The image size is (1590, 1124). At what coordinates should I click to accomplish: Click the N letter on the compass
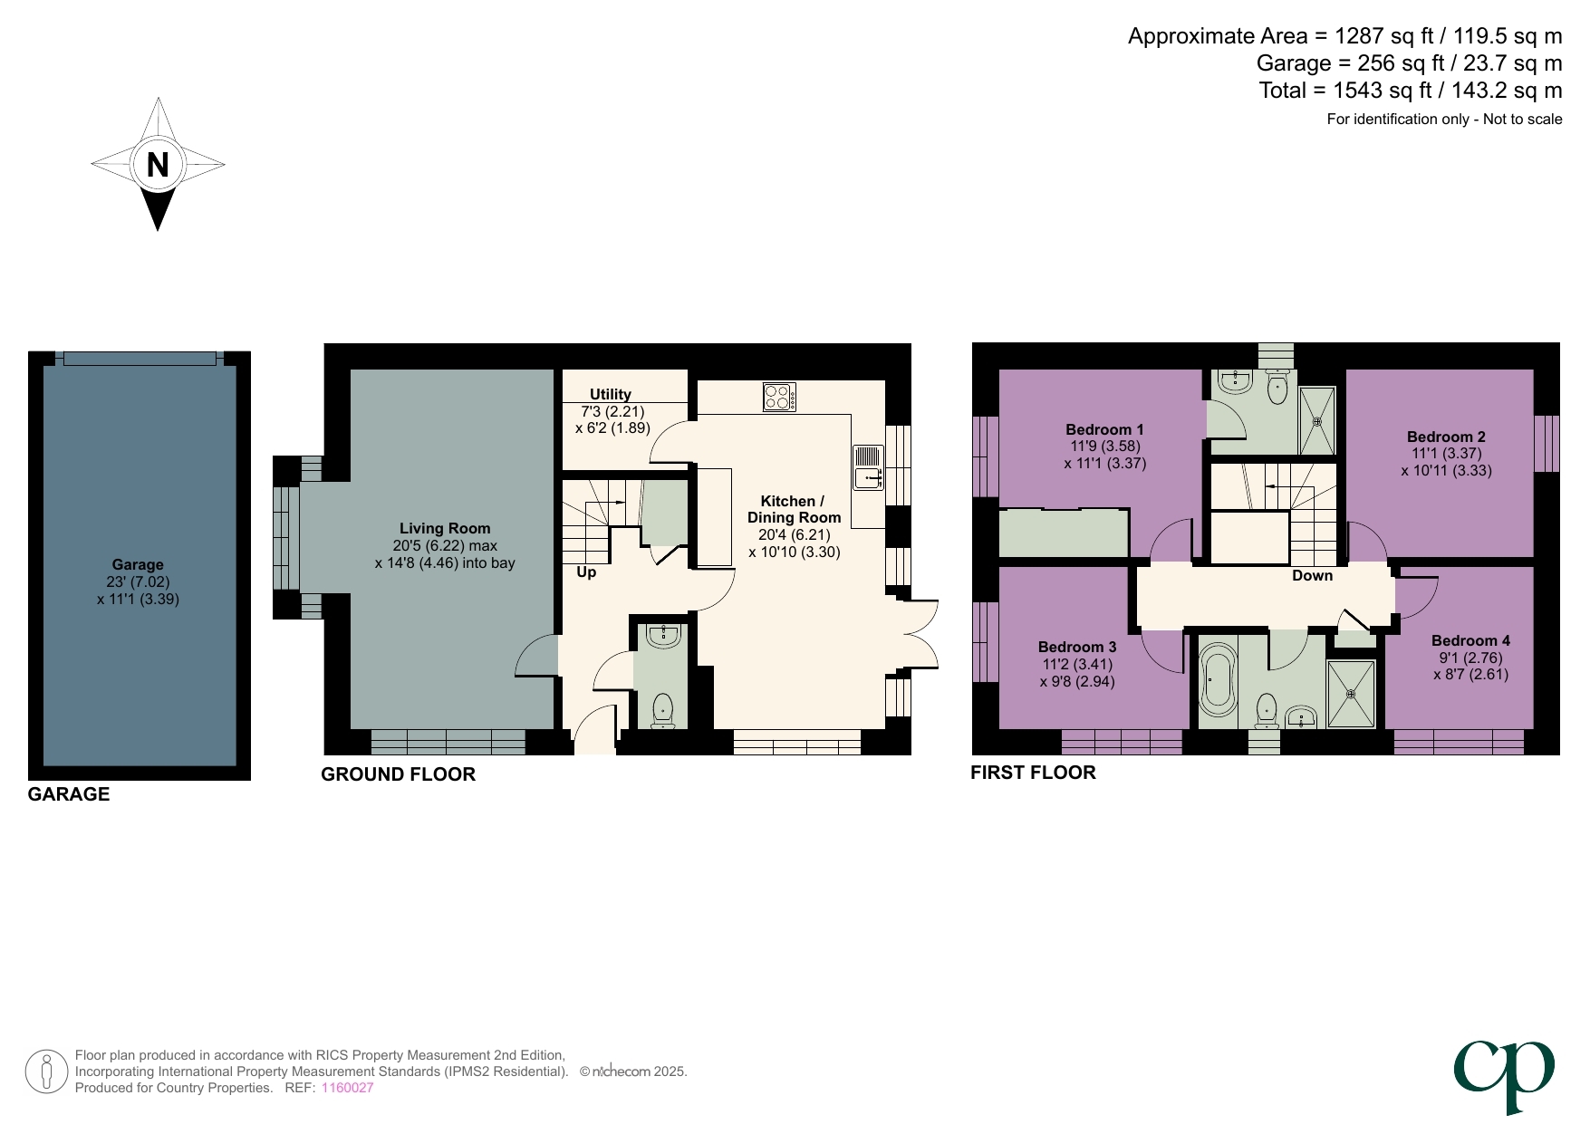click(158, 165)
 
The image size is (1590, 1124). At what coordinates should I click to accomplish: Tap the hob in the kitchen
click(779, 397)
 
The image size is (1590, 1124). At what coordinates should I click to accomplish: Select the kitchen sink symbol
click(867, 467)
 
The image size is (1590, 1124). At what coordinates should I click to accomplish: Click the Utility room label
click(610, 394)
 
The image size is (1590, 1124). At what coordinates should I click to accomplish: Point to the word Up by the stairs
click(586, 572)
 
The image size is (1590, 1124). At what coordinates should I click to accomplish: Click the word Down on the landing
click(1312, 575)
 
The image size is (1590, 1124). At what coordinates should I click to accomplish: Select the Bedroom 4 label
click(1470, 640)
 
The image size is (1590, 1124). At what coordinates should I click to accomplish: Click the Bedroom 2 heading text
click(1445, 437)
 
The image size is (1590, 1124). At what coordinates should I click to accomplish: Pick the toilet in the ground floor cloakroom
click(663, 709)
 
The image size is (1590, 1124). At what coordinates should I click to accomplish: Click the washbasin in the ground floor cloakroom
click(664, 636)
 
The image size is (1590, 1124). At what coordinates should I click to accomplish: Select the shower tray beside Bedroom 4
click(1351, 694)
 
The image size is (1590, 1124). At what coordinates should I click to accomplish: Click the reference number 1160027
click(347, 1088)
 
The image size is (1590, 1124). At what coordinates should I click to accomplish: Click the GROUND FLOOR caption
click(398, 774)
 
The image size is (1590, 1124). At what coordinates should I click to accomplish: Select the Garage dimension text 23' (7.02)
click(138, 582)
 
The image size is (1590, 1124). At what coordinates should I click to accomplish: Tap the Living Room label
click(445, 528)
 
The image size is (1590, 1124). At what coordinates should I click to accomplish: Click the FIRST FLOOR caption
click(1033, 773)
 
